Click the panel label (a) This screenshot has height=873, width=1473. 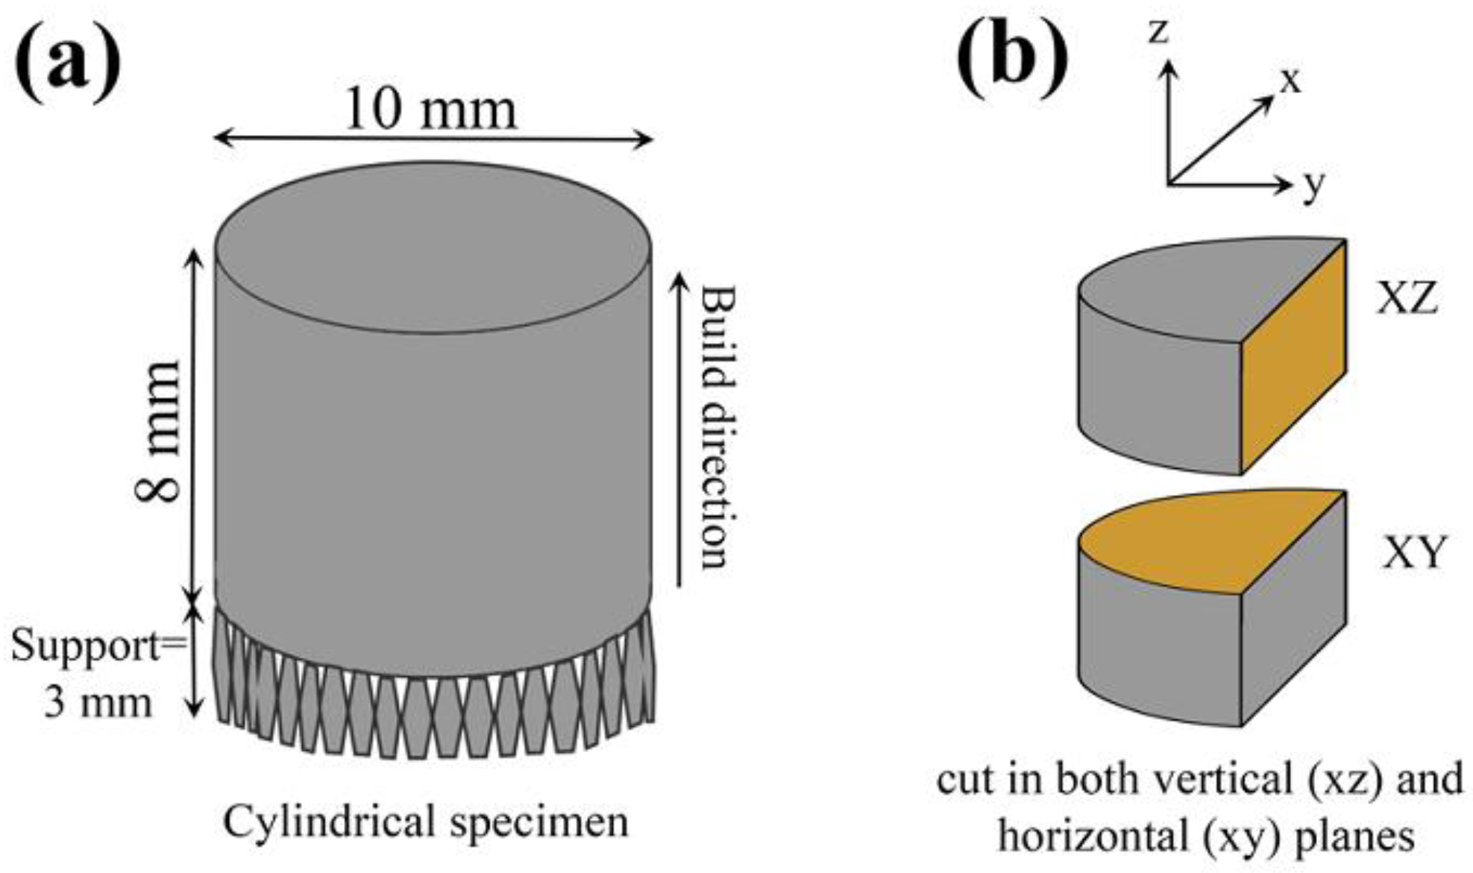[x=69, y=61]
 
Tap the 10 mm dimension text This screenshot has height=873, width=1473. [x=431, y=110]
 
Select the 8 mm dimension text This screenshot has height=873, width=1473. [x=158, y=432]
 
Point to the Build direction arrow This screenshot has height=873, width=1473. [x=679, y=429]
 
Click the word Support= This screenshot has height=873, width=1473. [x=97, y=645]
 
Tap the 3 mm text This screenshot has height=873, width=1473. [x=97, y=702]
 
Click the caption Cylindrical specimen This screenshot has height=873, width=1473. [x=426, y=822]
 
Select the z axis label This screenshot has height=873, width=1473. [x=1158, y=31]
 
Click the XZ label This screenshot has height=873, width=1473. [x=1407, y=300]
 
